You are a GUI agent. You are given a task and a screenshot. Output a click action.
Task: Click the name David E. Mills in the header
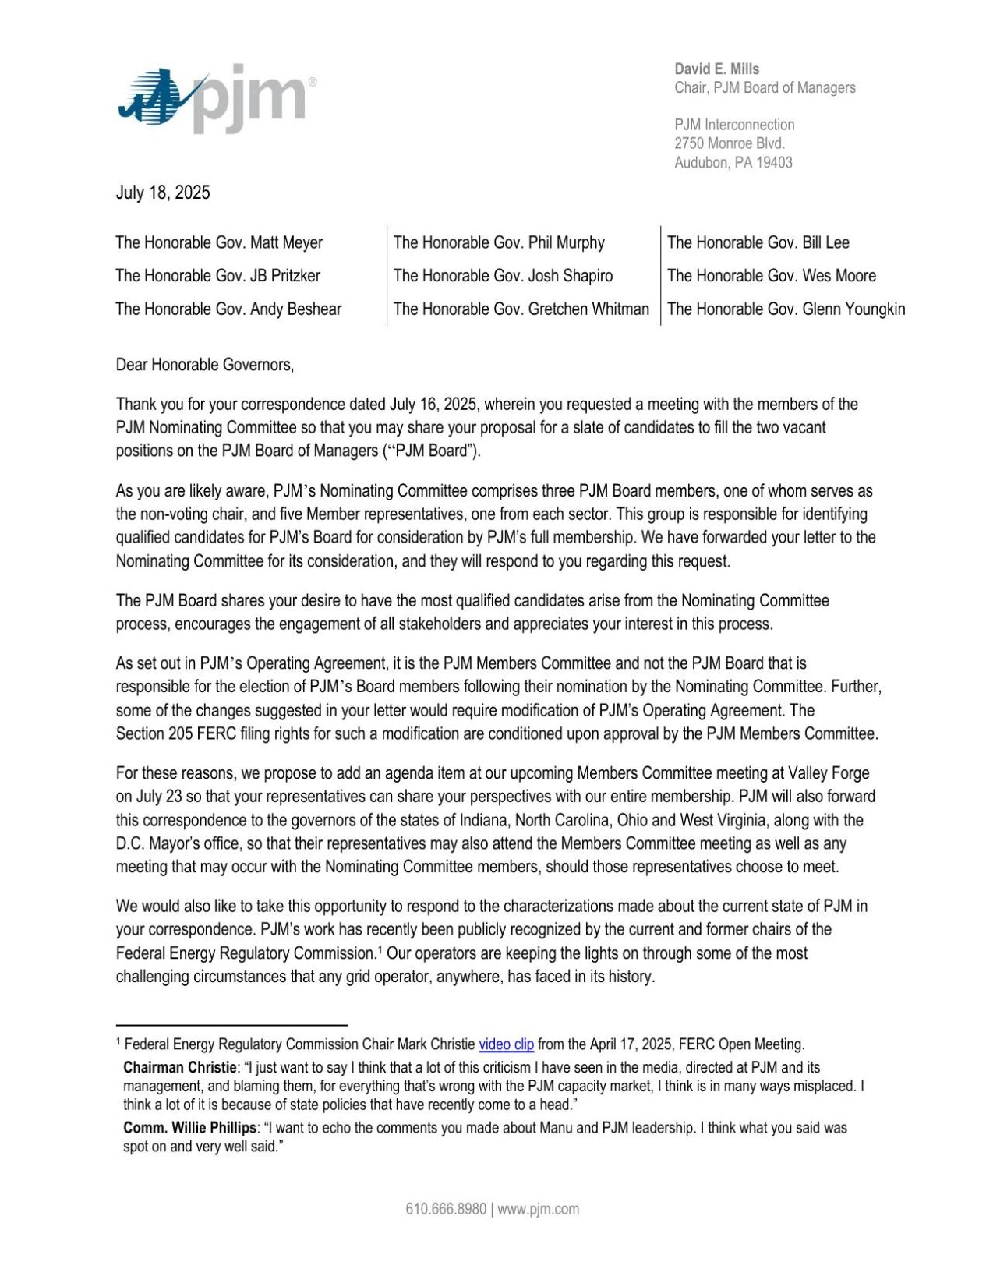click(x=716, y=69)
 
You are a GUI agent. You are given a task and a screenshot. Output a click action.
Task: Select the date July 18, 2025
click(x=163, y=193)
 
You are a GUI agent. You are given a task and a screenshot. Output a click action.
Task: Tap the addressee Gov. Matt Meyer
click(x=219, y=242)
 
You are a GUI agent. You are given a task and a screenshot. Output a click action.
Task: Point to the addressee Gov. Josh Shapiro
click(x=503, y=276)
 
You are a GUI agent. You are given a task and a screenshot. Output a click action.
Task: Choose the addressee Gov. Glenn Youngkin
click(x=786, y=309)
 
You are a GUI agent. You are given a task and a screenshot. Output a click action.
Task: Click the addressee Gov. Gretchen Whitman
click(x=521, y=309)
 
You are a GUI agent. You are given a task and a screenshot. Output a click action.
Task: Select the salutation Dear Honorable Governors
click(x=205, y=365)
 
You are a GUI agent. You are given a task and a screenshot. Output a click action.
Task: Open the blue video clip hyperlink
click(x=506, y=1044)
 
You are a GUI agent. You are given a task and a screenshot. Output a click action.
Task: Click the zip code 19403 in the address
click(x=774, y=163)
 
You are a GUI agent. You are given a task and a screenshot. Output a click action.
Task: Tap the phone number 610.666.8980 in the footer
click(x=445, y=1209)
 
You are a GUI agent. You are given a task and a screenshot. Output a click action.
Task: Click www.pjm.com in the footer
click(x=538, y=1209)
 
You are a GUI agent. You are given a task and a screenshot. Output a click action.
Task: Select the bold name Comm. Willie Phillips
click(x=189, y=1128)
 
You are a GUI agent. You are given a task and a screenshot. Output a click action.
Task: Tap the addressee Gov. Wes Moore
click(x=771, y=276)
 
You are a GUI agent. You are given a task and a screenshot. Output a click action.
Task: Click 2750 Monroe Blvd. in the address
click(x=729, y=143)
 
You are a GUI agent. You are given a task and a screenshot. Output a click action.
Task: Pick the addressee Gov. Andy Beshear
click(x=228, y=309)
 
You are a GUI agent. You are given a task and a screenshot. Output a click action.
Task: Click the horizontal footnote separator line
click(x=231, y=1025)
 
